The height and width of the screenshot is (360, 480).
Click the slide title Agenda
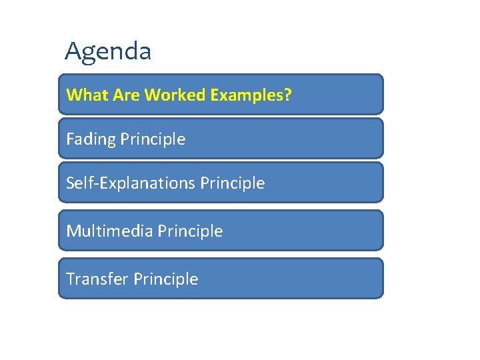(108, 51)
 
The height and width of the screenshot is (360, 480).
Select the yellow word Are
(127, 95)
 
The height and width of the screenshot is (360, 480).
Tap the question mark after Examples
(288, 95)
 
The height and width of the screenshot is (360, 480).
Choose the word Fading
(91, 139)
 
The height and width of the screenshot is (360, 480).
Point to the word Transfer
(97, 279)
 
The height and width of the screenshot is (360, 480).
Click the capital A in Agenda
(73, 51)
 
